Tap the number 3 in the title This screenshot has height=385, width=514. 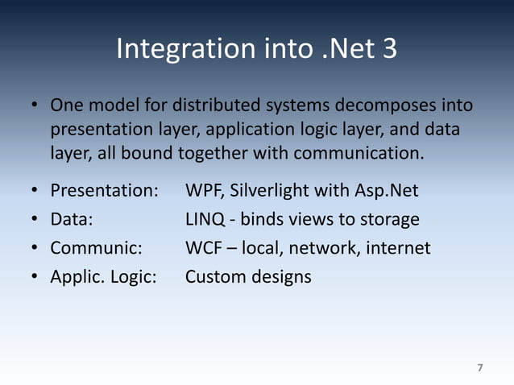(x=388, y=49)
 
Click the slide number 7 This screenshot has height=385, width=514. (x=480, y=368)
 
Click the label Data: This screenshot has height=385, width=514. (x=71, y=219)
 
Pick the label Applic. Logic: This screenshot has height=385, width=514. (x=103, y=277)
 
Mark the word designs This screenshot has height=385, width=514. (x=281, y=277)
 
